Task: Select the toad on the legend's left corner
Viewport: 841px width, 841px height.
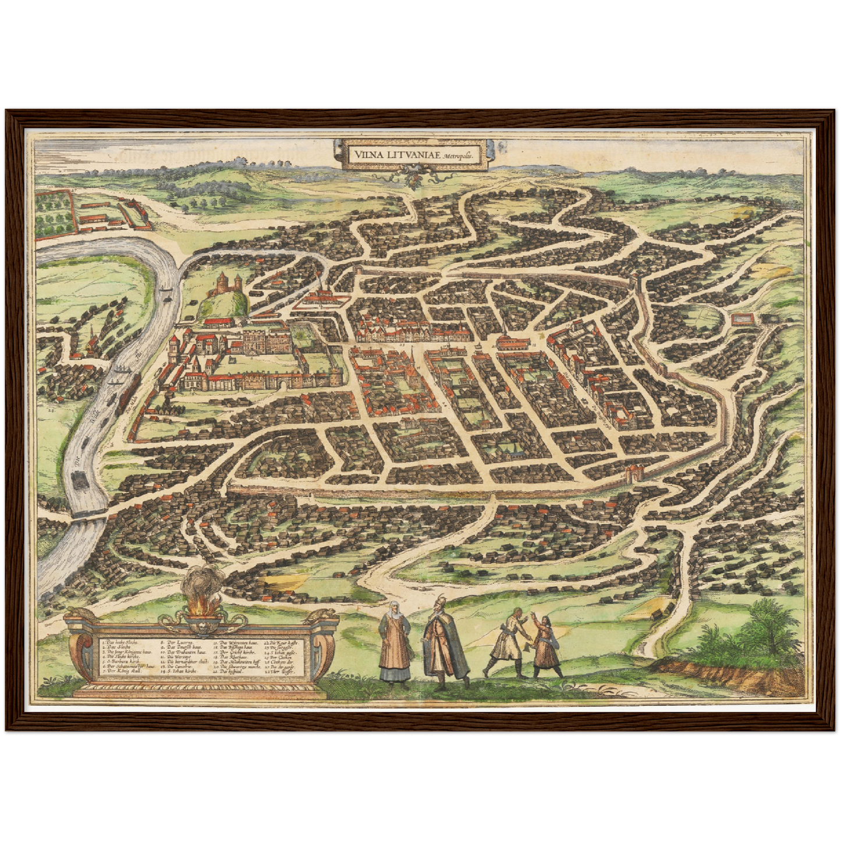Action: tap(78, 615)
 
